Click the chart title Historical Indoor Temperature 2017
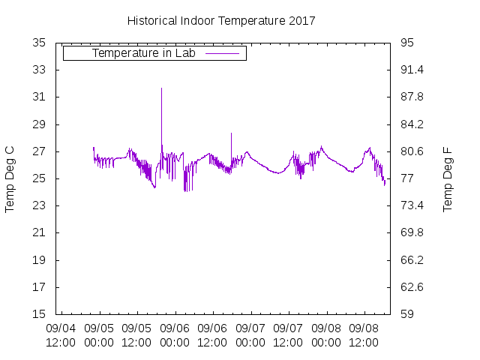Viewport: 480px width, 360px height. point(221,21)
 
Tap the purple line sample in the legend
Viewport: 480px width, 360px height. point(222,54)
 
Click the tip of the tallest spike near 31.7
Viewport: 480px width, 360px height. point(161,88)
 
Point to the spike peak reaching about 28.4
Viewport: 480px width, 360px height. point(231,133)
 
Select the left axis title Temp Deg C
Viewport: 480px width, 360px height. point(10,178)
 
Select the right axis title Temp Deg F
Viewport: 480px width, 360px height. point(448,178)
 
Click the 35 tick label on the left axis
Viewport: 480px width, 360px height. point(40,43)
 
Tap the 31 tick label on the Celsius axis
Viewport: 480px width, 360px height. point(40,97)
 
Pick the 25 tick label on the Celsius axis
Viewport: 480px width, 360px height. point(40,178)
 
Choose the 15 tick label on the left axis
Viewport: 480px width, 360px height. point(40,314)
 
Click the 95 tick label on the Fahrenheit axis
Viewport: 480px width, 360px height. point(407,43)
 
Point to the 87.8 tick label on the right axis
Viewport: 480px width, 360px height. point(412,97)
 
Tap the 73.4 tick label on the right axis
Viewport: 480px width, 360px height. point(412,205)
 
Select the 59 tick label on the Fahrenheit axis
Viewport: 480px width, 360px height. point(407,314)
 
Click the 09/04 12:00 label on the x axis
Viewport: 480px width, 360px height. point(61,335)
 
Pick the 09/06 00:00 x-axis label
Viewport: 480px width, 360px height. point(175,335)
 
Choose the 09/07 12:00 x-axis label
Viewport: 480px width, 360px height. point(288,335)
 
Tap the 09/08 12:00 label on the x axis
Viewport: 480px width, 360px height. point(364,335)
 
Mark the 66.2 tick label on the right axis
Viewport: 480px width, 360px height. point(412,260)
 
